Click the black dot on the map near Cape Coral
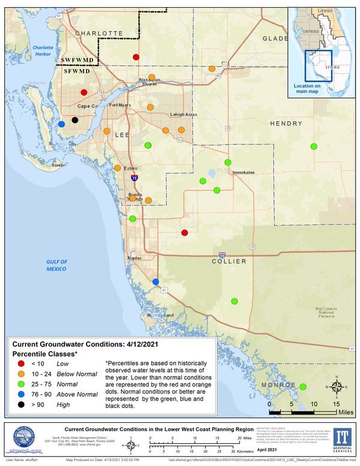coord(75,120)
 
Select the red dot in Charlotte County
coord(136,56)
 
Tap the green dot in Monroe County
coord(303,387)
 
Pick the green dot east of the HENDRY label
coord(313,147)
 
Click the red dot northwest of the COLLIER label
coord(185,232)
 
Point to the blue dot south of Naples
coord(156,282)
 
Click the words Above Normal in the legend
coord(76,395)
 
